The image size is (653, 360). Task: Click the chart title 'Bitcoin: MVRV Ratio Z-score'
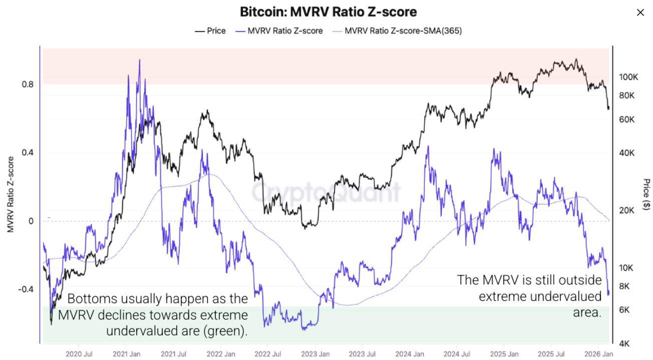[x=328, y=12]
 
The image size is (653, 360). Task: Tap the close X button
[x=640, y=13]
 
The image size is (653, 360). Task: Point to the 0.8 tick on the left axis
[x=28, y=84]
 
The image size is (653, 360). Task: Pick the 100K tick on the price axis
[x=628, y=77]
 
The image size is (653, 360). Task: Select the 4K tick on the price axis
[x=625, y=343]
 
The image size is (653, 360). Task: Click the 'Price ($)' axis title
[x=646, y=194]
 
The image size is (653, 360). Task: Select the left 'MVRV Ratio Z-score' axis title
[x=11, y=194]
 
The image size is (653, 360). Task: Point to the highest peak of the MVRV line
[x=139, y=60]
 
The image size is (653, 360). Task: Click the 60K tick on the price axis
[x=627, y=120]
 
